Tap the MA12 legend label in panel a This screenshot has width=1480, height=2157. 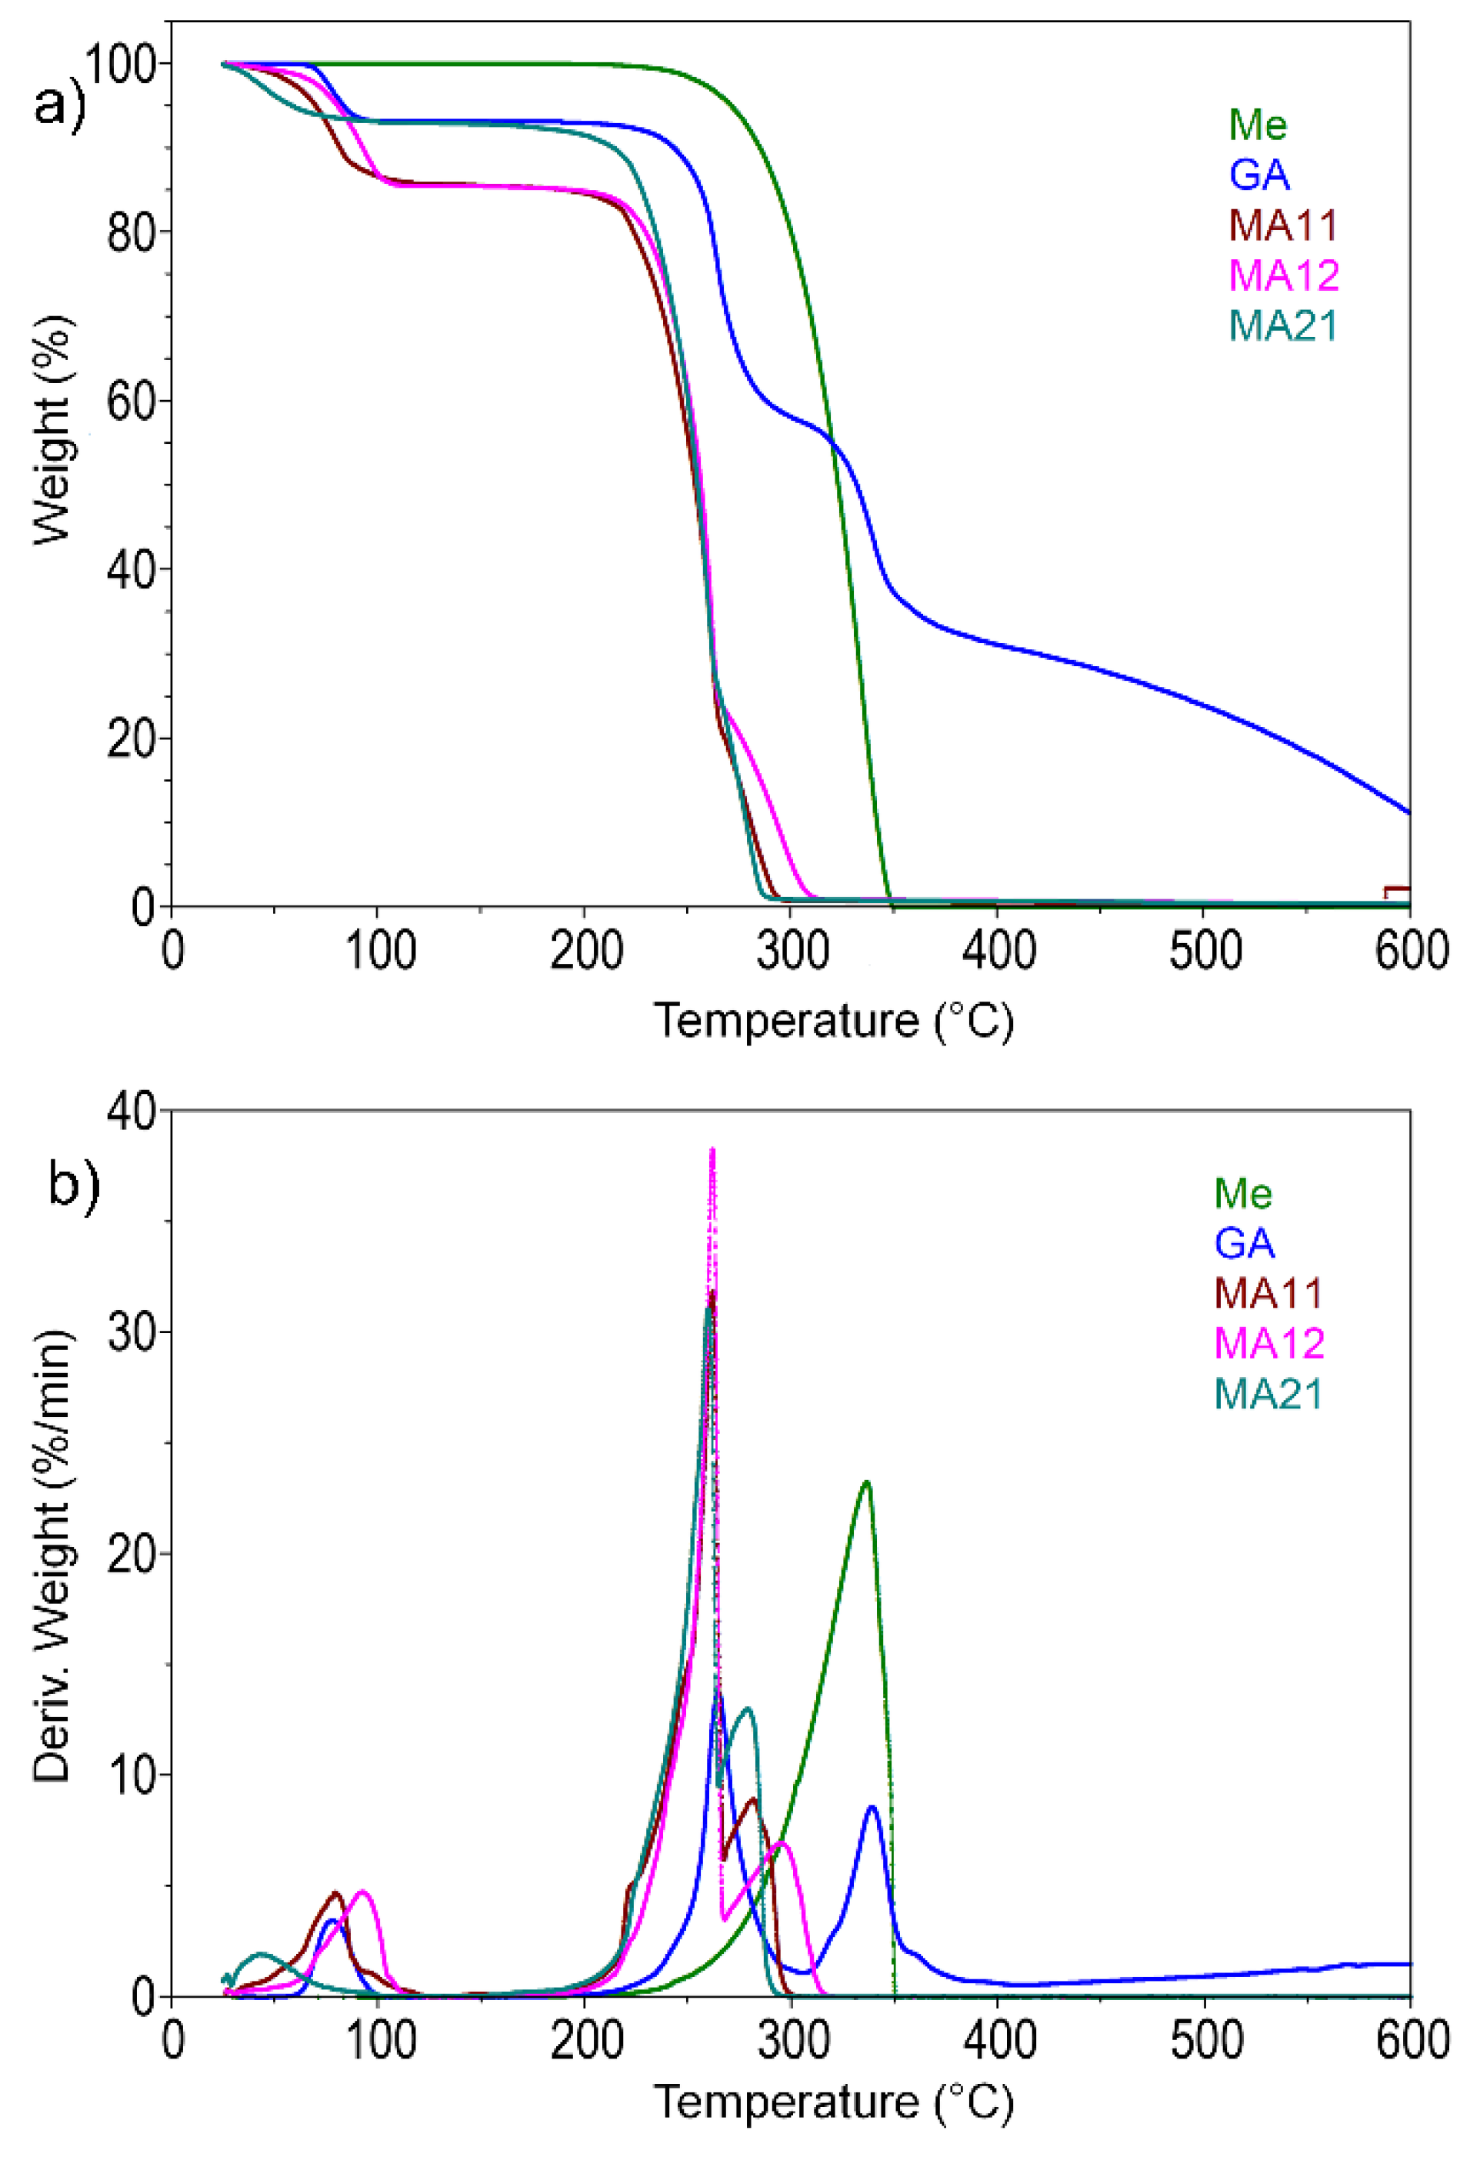(x=1283, y=275)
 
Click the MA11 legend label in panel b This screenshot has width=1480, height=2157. (x=1268, y=1293)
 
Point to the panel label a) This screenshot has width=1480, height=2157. (x=58, y=104)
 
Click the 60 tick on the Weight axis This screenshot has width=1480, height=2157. (x=130, y=401)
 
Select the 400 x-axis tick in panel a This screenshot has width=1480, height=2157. (x=998, y=952)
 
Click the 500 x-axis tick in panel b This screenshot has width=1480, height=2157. (x=1204, y=2042)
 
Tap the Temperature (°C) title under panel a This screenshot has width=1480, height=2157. (x=833, y=1022)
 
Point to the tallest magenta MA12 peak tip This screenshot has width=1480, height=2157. (x=712, y=1151)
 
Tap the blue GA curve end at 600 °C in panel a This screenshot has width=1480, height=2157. (x=1408, y=812)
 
